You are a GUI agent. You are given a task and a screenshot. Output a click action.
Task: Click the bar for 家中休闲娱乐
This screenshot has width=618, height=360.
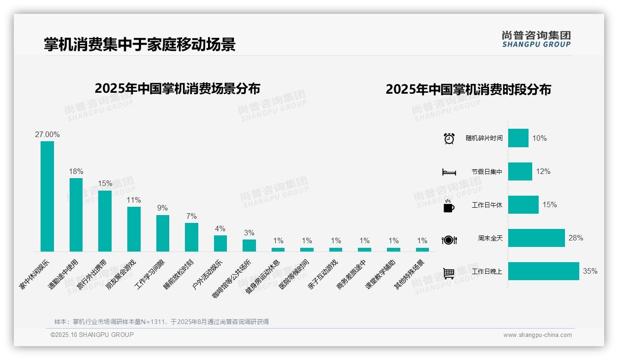tap(47, 196)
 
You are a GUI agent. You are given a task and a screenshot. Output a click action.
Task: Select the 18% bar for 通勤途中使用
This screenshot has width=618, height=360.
tap(76, 215)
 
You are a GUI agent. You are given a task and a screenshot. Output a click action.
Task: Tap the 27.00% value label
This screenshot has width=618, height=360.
tap(47, 135)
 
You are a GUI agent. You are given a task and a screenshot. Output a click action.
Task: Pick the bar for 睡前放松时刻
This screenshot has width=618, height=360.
tap(191, 237)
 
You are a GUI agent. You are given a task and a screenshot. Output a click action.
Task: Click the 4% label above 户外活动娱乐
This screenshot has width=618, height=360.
tap(220, 228)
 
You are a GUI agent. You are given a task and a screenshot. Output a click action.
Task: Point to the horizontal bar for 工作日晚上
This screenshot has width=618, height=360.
tap(543, 271)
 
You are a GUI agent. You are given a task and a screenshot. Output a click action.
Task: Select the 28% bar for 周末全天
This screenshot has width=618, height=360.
tap(536, 238)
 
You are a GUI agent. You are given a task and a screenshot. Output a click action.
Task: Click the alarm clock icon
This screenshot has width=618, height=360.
tap(449, 138)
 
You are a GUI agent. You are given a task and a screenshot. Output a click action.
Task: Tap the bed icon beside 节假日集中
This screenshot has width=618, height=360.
tap(449, 172)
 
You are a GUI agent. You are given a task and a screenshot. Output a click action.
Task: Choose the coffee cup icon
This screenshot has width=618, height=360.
tap(449, 205)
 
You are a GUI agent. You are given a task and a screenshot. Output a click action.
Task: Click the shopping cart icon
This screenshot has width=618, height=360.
tap(449, 274)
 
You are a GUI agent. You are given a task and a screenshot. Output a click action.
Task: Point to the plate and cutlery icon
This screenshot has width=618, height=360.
tap(449, 240)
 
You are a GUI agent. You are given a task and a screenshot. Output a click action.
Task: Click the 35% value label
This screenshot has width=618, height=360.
tap(590, 271)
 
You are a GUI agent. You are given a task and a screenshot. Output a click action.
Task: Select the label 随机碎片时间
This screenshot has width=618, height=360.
tap(484, 138)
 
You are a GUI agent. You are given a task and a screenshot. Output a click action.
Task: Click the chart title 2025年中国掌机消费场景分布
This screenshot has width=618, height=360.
tap(177, 89)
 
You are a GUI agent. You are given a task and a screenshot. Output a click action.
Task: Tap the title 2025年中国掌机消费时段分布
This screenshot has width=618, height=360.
tap(468, 90)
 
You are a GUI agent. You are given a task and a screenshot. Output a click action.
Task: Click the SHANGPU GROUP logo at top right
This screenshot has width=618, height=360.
tap(536, 39)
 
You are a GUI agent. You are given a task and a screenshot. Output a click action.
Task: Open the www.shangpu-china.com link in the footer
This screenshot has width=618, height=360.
tap(537, 335)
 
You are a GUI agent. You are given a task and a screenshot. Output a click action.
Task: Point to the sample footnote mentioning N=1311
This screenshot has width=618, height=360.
tap(161, 322)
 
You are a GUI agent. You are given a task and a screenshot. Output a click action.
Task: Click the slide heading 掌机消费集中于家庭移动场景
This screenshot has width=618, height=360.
tap(139, 44)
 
